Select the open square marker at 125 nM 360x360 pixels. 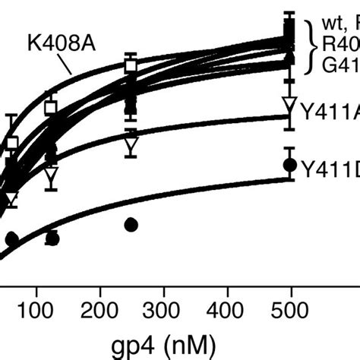pos(51,108)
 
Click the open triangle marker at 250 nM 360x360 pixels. pos(131,142)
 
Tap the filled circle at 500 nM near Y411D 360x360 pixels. pos(289,164)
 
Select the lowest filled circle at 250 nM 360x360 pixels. pos(131,224)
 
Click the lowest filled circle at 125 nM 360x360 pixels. pos(52,238)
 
